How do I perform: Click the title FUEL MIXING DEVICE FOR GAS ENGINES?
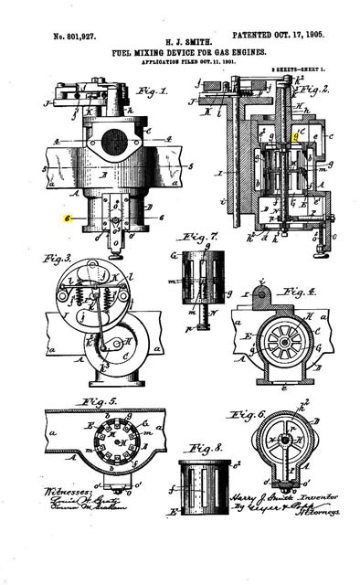click(x=181, y=53)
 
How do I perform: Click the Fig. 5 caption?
click(x=100, y=402)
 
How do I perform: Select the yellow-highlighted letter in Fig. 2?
click(x=295, y=133)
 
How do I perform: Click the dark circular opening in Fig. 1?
click(x=114, y=141)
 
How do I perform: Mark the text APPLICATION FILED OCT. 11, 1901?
click(x=181, y=62)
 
